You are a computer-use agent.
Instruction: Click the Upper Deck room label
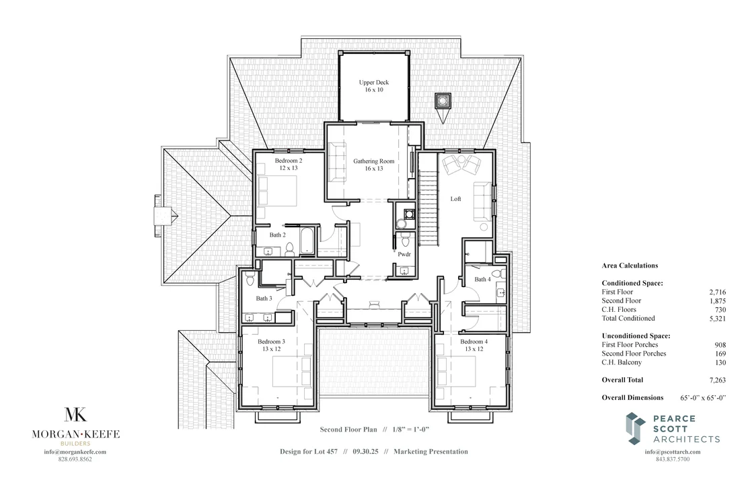pos(373,86)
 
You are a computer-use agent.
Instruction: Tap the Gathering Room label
pos(373,165)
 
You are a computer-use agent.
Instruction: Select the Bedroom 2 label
pos(288,165)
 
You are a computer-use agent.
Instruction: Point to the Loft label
pos(455,199)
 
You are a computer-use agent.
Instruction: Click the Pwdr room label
pos(404,255)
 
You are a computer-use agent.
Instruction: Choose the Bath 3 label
pos(264,298)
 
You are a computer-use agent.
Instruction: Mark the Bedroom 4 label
pos(474,345)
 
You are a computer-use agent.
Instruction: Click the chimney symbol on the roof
pos(443,101)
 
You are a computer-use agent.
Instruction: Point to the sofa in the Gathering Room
pos(336,163)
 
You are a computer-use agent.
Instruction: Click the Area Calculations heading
pos(630,266)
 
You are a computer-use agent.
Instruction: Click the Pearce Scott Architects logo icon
pos(636,428)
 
